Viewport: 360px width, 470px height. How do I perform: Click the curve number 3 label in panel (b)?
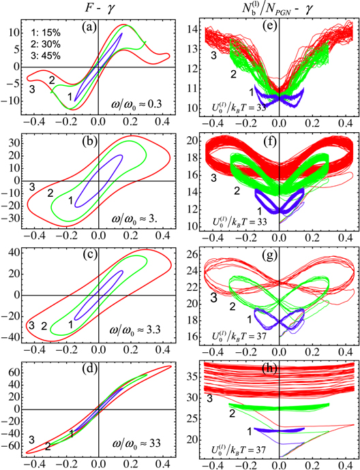coord(31,186)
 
